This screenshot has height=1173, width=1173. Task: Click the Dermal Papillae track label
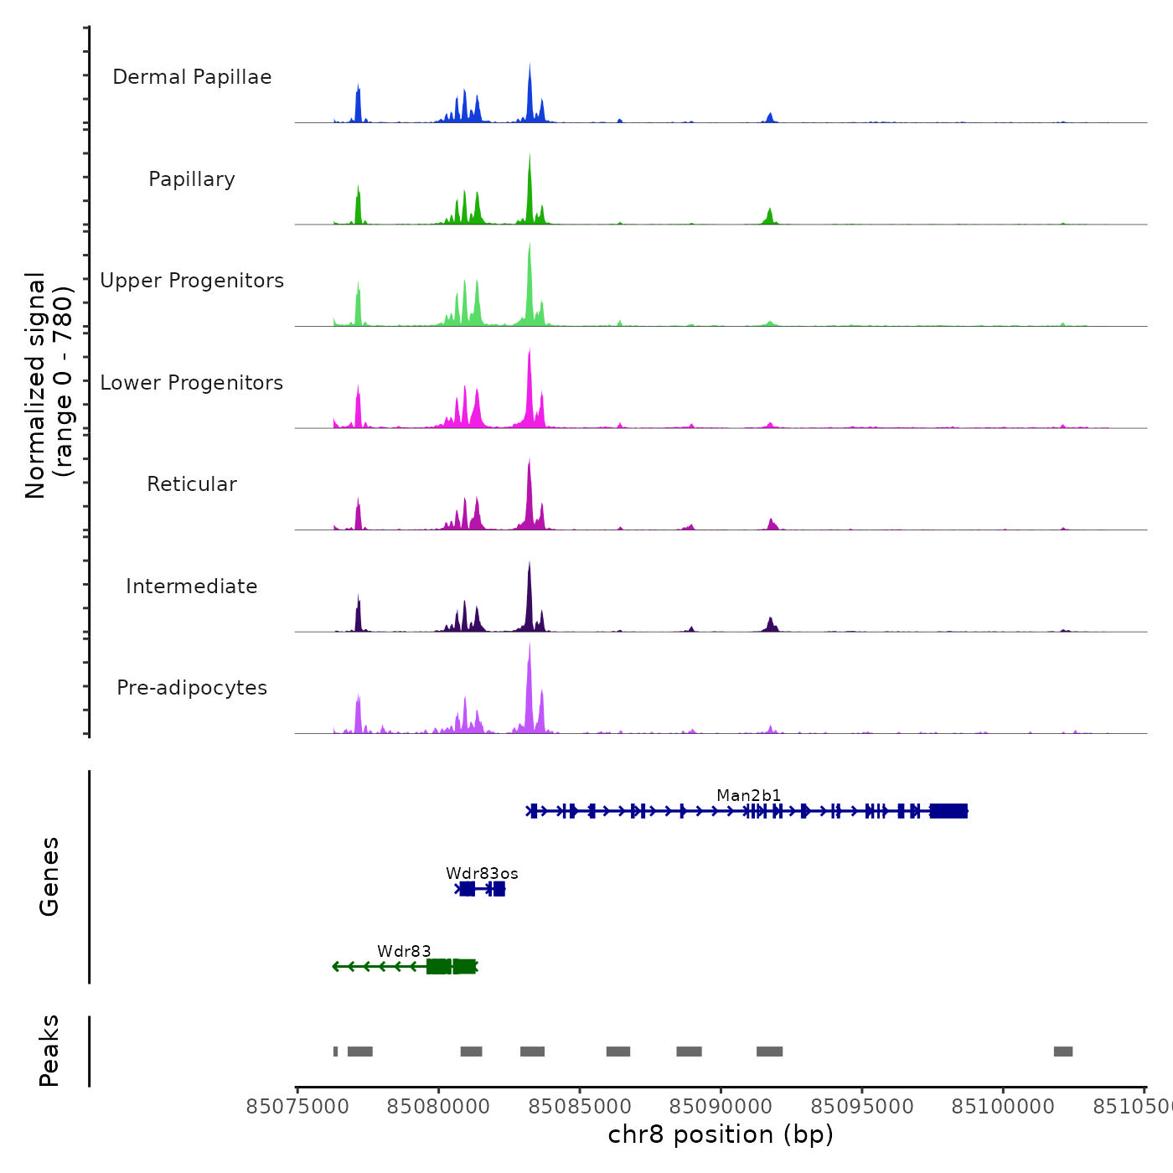point(192,77)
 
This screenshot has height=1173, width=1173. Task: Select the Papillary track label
point(192,179)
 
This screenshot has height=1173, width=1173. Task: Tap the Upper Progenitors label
point(192,281)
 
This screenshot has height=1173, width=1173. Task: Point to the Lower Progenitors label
point(192,383)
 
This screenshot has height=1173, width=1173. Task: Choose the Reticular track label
point(192,484)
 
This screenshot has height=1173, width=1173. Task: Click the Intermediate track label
point(192,586)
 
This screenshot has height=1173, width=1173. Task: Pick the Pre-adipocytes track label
point(192,688)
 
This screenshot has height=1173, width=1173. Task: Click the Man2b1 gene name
point(748,795)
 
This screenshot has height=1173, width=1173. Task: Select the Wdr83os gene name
point(482,874)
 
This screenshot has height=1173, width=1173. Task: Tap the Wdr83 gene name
point(404,952)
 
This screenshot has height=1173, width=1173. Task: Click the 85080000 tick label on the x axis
point(438,1107)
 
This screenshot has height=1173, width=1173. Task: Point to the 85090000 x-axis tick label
point(721,1107)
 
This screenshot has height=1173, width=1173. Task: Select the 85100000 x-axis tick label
point(1003,1107)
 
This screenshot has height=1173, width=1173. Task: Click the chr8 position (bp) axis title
point(721,1134)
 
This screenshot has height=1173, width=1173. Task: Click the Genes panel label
point(49,876)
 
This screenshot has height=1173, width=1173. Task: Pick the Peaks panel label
point(49,1051)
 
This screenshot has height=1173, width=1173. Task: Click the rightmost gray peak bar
point(1062,1052)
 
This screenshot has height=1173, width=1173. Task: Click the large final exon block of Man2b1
point(948,811)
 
